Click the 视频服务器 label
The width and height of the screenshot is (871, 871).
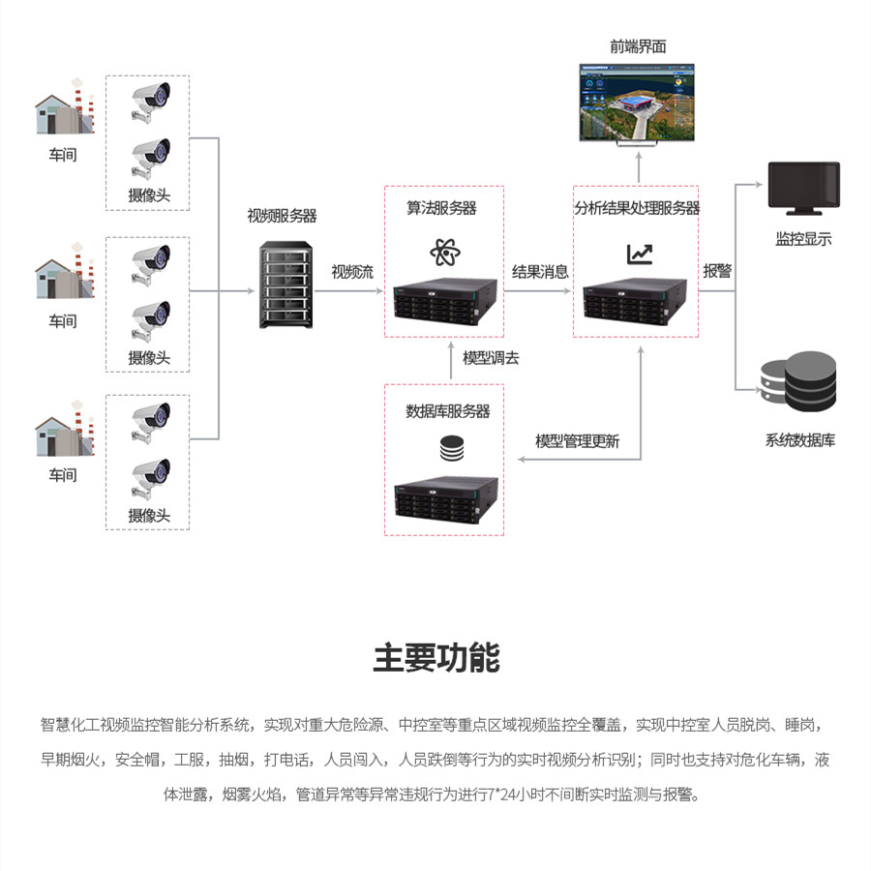click(x=282, y=215)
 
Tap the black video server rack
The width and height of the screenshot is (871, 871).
click(x=285, y=287)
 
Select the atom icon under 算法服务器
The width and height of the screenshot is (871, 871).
click(x=444, y=253)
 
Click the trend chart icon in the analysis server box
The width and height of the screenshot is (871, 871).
click(x=639, y=254)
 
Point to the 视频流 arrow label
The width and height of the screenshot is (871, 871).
click(x=352, y=272)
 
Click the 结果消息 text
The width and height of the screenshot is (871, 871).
click(x=540, y=272)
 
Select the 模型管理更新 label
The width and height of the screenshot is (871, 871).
click(x=578, y=441)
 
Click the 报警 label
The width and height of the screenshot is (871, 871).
click(x=717, y=271)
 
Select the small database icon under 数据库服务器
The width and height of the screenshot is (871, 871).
click(x=451, y=449)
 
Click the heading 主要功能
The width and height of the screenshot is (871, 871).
click(x=435, y=657)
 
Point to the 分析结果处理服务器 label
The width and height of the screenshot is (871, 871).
click(x=637, y=207)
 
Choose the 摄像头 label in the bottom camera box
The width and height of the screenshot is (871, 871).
click(x=149, y=515)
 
